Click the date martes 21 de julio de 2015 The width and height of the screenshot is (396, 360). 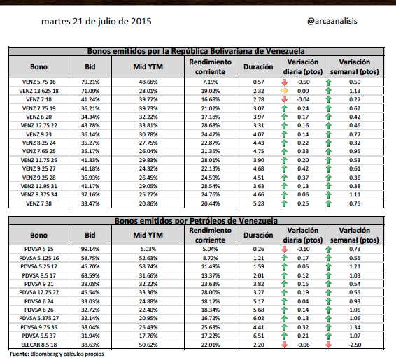[x=97, y=22]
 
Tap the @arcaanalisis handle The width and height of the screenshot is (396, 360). [x=332, y=21]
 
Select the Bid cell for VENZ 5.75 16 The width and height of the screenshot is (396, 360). [x=90, y=82]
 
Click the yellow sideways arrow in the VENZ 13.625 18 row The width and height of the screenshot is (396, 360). [x=285, y=91]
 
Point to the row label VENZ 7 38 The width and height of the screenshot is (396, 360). [x=38, y=203]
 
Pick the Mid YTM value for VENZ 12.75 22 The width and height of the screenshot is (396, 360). [x=148, y=125]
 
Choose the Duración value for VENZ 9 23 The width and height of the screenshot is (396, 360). [x=258, y=134]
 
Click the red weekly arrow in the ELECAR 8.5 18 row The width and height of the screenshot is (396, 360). [x=329, y=345]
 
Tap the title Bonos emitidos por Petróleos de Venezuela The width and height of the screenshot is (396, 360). [x=196, y=221]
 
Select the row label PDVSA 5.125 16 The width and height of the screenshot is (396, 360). [x=38, y=258]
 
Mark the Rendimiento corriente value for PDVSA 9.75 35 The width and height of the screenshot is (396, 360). [x=210, y=327]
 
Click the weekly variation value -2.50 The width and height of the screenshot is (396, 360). [x=355, y=345]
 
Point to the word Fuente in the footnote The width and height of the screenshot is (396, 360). [x=20, y=354]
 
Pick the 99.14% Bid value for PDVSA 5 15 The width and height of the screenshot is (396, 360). [x=90, y=249]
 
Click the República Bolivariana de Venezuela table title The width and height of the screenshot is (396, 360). [x=196, y=51]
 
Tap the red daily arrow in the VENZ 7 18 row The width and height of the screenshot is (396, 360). [x=285, y=100]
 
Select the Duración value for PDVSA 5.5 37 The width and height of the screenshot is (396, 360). [x=258, y=336]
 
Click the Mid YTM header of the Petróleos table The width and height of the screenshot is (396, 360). [x=148, y=235]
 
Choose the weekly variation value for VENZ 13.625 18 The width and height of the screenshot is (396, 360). [x=355, y=91]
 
